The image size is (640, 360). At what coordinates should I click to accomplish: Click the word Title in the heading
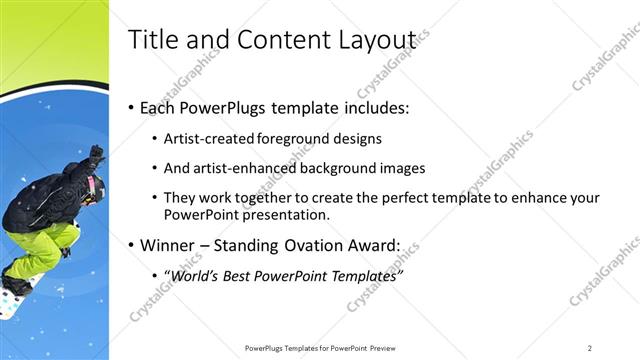(x=153, y=39)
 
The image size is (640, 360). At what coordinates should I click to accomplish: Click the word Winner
(x=171, y=244)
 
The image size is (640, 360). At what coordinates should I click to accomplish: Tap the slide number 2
(x=590, y=348)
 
